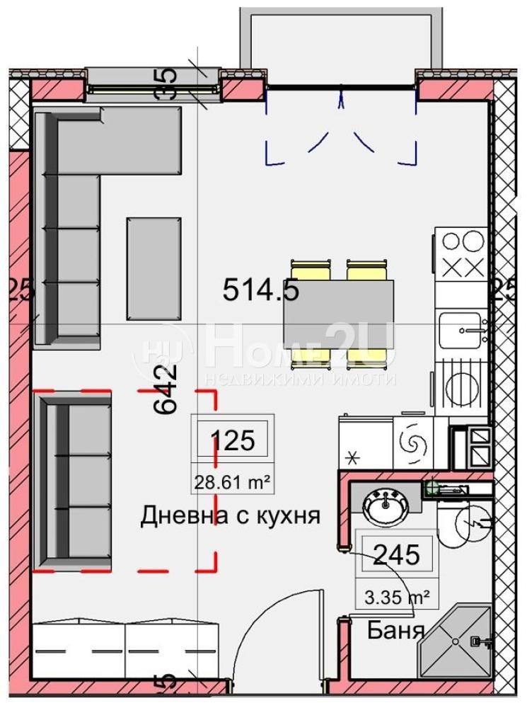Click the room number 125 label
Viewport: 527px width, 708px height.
point(233,441)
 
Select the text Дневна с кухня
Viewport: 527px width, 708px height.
point(231,515)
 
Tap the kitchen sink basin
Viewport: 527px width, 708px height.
point(460,330)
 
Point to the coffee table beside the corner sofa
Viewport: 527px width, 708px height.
point(153,268)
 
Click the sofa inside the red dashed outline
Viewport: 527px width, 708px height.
point(73,481)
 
